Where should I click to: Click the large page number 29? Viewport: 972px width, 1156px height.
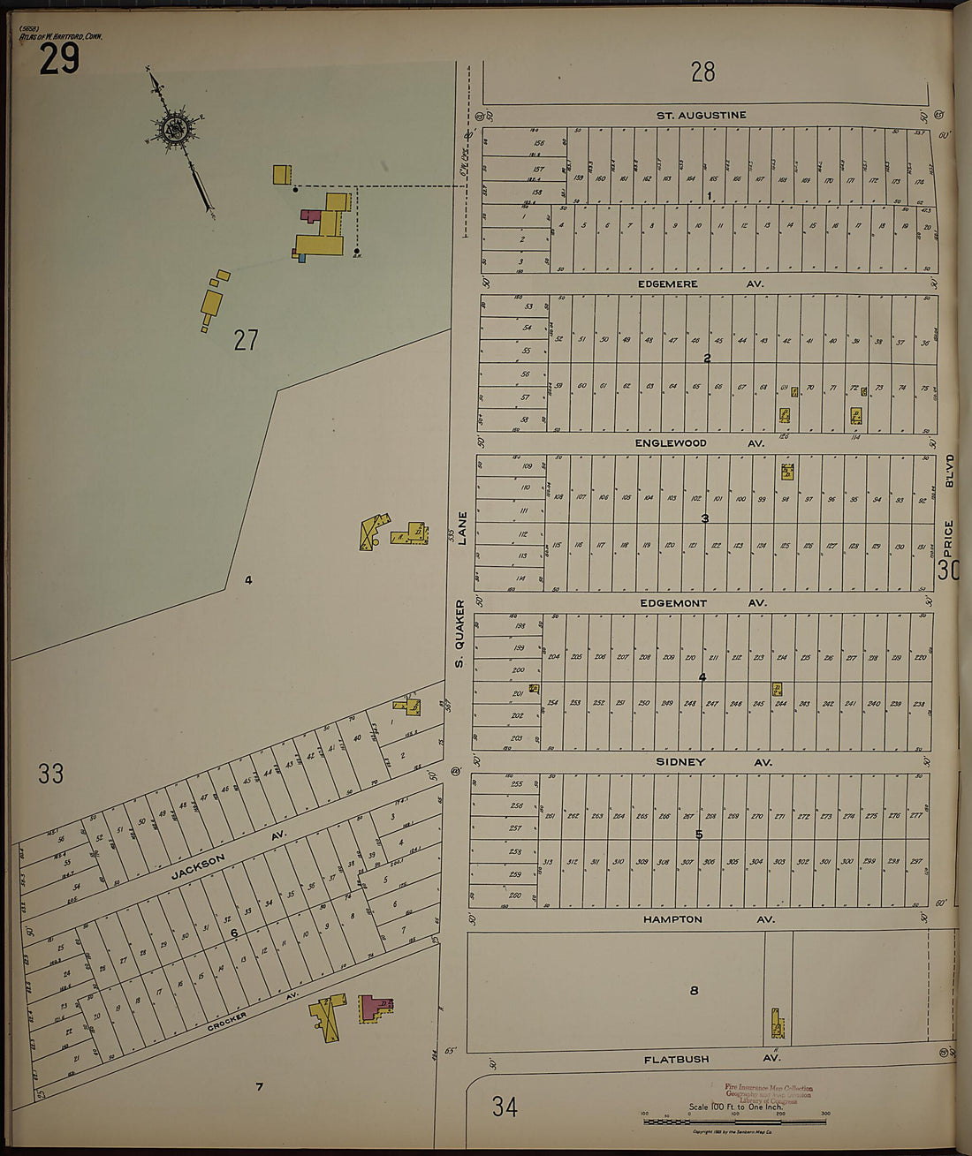tap(59, 59)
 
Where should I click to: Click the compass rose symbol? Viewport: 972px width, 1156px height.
tap(175, 129)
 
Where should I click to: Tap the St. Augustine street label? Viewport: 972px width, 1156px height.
tap(701, 115)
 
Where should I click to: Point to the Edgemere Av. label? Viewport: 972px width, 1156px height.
tap(699, 283)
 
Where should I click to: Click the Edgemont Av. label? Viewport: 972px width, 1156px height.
tap(702, 602)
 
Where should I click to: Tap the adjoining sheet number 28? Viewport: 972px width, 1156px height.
tap(703, 72)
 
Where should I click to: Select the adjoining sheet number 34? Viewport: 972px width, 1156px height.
tap(505, 1106)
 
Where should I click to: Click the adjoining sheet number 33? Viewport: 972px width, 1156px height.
tap(50, 774)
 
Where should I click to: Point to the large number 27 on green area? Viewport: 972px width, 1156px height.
tap(246, 340)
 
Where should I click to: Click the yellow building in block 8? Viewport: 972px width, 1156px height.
tap(778, 1025)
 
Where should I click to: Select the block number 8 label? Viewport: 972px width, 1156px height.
tap(694, 990)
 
